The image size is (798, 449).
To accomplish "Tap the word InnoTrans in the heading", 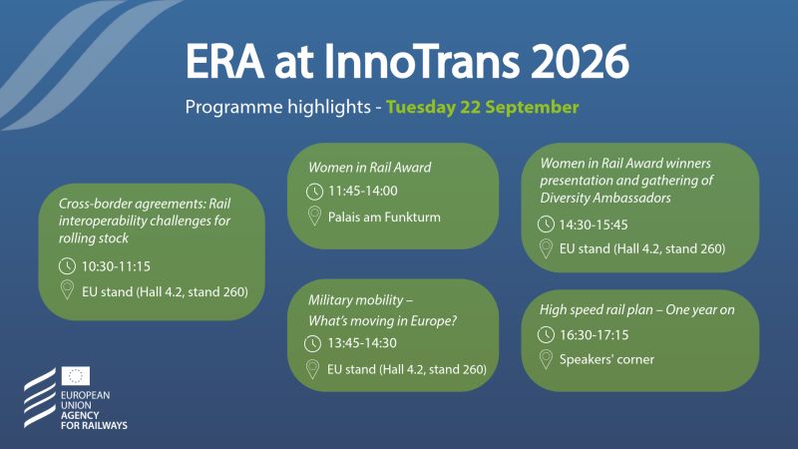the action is point(421,62).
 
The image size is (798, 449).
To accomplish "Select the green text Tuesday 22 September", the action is point(483,108).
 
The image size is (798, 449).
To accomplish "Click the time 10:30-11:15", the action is point(116,266).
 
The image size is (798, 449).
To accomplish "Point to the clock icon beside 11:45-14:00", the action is point(314,192).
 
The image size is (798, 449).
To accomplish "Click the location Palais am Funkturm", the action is point(384,218).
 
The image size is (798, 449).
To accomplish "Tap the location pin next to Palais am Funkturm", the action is point(314,217).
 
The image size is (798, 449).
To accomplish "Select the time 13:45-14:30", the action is point(362,343).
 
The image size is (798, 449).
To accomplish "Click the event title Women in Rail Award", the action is point(369,168).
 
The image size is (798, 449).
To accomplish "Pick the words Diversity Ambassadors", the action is point(605,198).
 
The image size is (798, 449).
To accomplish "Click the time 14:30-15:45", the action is point(594,224).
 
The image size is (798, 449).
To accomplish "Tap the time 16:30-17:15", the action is point(594,335).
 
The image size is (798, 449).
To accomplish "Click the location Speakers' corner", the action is point(606,359).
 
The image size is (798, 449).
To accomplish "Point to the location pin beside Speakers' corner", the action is point(546,359).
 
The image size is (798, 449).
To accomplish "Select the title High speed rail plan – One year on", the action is point(637,310).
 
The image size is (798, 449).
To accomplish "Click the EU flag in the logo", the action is point(76,376).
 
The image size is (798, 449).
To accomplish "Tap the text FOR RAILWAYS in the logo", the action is point(94,426).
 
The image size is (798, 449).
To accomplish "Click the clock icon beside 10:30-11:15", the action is point(67,266).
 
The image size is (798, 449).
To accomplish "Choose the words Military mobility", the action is point(356,300).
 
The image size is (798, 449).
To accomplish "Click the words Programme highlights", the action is point(278,108).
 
